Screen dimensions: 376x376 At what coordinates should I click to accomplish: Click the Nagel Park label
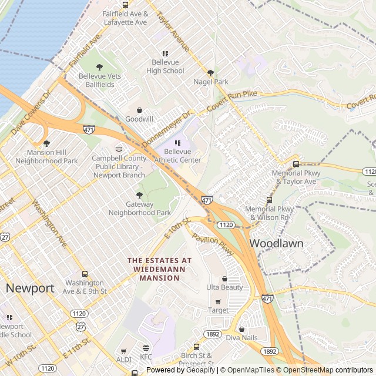coord(211,82)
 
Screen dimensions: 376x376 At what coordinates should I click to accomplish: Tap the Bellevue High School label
coord(165,66)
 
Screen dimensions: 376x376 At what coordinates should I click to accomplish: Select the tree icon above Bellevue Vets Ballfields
coord(99,67)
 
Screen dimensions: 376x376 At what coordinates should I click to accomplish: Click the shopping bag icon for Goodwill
coord(139,110)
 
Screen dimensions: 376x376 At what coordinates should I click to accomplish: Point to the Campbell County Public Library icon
coord(119,149)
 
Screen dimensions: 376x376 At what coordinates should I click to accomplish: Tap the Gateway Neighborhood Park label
coord(139,209)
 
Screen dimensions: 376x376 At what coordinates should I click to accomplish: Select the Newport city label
coord(30,288)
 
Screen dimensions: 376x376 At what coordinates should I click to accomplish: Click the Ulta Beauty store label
coord(224,287)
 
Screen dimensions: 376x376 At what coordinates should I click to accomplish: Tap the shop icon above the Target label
coord(218,301)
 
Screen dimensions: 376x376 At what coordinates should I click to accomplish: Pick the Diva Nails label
coord(241,338)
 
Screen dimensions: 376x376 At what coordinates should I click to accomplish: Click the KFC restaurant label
coord(146,357)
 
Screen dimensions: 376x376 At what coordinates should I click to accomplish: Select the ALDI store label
coord(124,359)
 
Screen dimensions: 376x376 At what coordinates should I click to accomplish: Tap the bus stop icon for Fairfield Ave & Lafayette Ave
coord(125,5)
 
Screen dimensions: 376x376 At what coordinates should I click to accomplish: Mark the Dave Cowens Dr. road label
coord(32,111)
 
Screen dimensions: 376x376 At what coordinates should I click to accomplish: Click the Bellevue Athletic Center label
coord(177,156)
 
